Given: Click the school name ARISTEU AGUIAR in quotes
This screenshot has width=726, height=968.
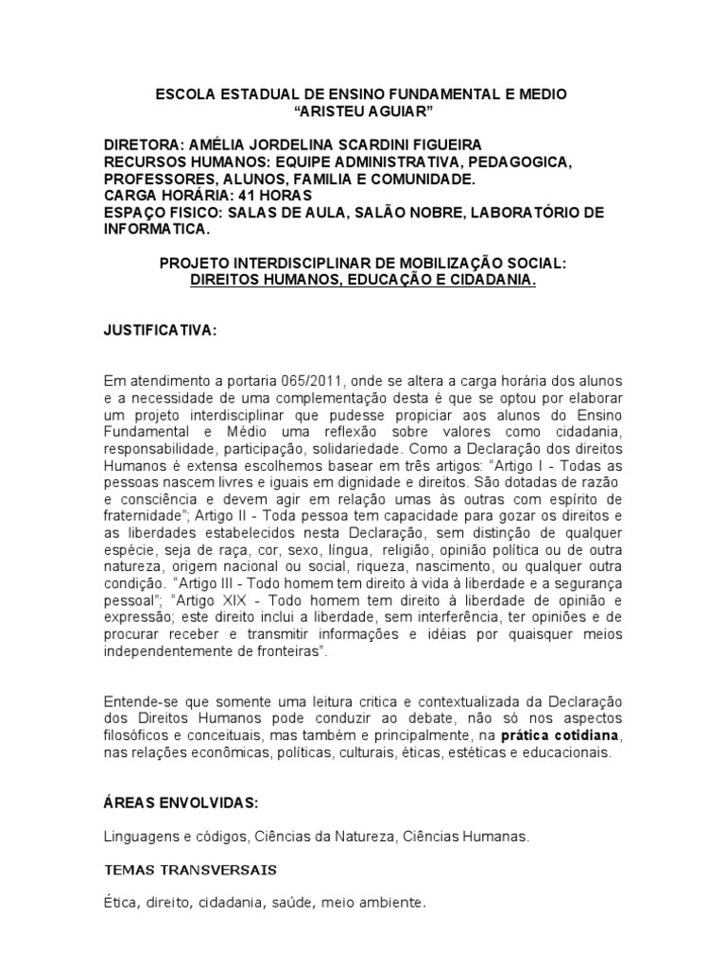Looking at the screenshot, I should click(362, 112).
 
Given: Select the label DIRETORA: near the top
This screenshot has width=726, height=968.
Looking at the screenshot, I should click(144, 145).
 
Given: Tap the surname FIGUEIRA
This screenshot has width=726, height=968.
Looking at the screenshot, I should click(443, 145).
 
